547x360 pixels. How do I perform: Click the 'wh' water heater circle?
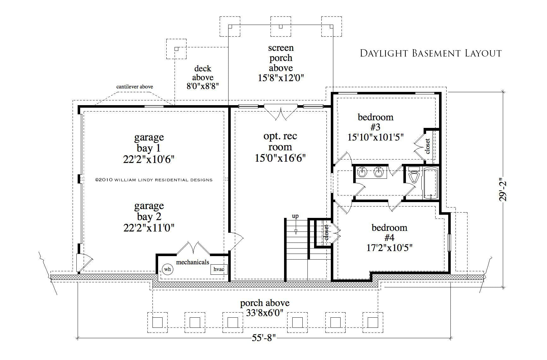(167, 269)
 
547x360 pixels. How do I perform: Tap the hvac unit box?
(219, 269)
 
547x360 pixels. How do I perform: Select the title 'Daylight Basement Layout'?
(431, 53)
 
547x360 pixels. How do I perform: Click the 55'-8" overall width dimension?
(264, 338)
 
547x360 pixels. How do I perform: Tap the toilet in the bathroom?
(413, 175)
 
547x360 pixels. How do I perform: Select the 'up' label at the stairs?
(295, 217)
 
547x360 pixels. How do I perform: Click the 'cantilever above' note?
(134, 87)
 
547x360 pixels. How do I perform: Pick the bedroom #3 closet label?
(428, 146)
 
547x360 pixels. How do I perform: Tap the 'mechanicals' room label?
(193, 262)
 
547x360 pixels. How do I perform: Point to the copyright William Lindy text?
(154, 180)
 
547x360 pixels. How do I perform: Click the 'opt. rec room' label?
(280, 141)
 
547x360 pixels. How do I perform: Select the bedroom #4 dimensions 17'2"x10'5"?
(389, 248)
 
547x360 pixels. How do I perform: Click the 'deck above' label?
(203, 73)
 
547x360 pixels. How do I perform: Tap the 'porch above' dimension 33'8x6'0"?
(265, 313)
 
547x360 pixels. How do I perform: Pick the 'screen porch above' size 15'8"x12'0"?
(281, 78)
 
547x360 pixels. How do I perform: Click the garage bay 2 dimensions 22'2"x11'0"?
(149, 228)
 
